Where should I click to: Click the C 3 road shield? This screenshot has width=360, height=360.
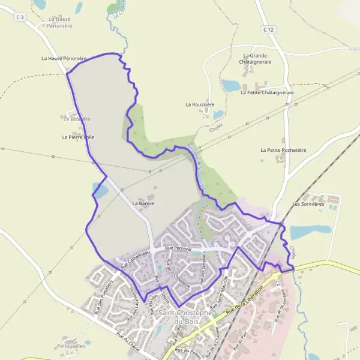[x=21, y=17]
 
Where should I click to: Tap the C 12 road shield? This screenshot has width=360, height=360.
[x=268, y=29]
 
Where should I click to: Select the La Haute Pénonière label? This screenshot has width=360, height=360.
[x=64, y=59]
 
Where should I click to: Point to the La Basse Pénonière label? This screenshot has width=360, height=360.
[x=60, y=23]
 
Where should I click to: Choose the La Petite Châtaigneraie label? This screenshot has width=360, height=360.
[x=266, y=93]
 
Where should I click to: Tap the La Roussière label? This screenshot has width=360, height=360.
[x=200, y=104]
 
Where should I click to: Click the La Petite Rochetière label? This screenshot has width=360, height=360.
[x=283, y=150]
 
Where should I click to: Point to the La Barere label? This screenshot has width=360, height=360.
[x=143, y=204]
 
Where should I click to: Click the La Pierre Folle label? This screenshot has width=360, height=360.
[x=78, y=137]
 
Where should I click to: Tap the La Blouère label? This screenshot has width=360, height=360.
[x=76, y=119]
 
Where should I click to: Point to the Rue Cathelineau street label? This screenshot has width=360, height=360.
[x=133, y=259]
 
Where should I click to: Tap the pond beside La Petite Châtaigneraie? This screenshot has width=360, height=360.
[x=231, y=85]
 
